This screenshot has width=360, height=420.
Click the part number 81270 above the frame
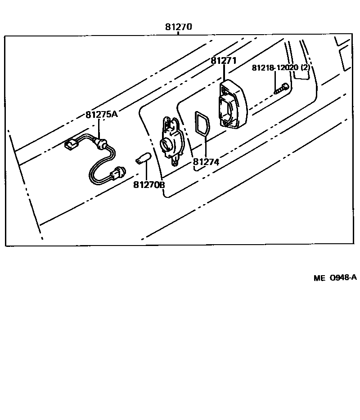(178, 27)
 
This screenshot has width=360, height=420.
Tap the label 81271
(224, 61)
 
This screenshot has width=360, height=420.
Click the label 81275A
(101, 114)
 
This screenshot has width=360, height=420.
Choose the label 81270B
(149, 184)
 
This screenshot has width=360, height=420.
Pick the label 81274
(206, 162)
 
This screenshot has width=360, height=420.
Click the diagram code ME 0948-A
(335, 277)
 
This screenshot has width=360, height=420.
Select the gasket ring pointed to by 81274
(201, 123)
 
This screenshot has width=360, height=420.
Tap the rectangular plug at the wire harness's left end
(70, 145)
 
